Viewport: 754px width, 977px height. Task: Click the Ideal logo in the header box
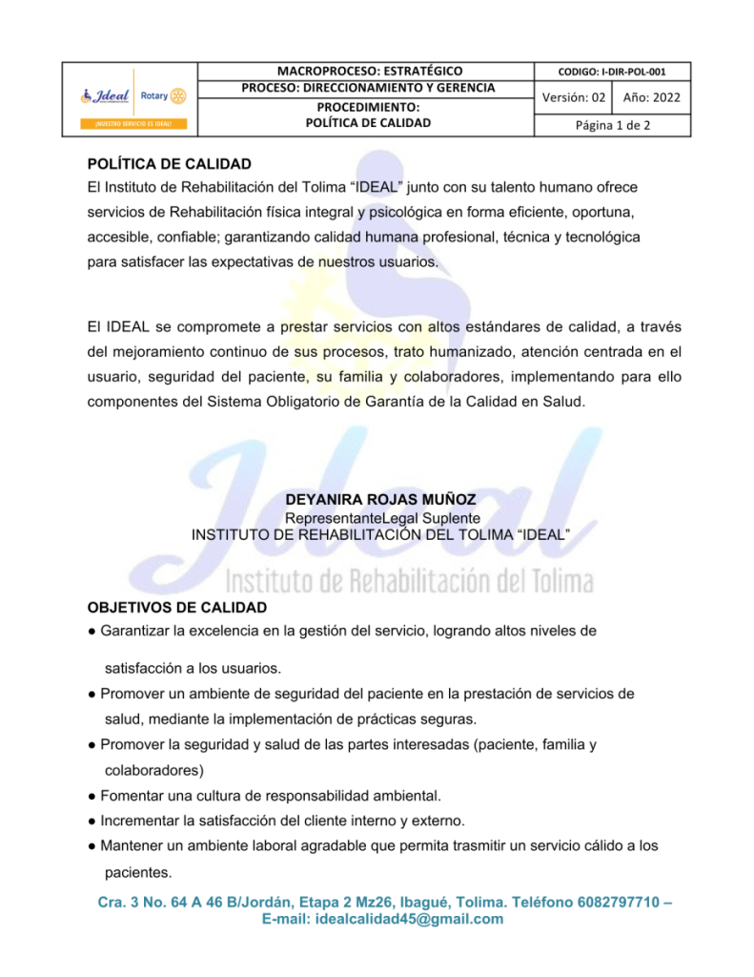click(x=108, y=96)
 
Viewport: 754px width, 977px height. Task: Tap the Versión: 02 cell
click(x=573, y=97)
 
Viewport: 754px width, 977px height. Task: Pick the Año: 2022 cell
click(x=651, y=97)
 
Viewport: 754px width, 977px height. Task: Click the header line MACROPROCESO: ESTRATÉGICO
click(x=368, y=71)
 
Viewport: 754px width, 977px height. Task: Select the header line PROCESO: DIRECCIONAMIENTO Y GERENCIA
click(x=368, y=88)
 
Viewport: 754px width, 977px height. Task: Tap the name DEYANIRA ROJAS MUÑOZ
click(x=380, y=500)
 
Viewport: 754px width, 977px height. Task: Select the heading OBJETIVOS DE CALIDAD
click(x=177, y=607)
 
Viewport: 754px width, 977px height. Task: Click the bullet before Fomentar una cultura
click(x=92, y=796)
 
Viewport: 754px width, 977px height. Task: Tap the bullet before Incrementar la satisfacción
click(x=92, y=821)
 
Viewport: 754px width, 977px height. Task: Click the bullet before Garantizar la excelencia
click(x=92, y=631)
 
